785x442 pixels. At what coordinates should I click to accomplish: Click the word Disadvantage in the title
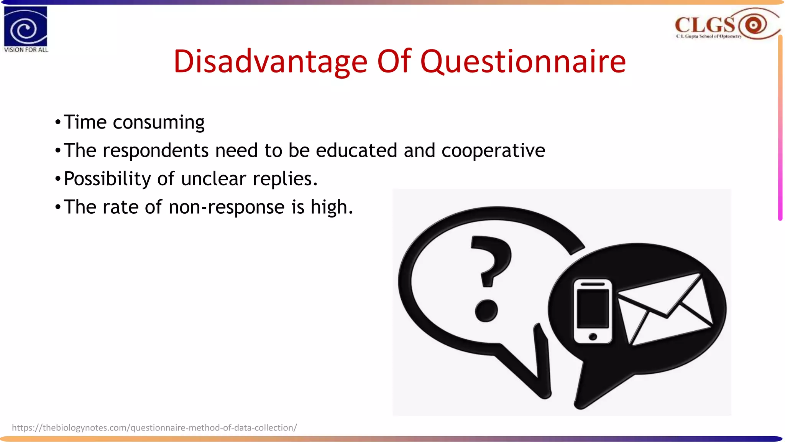[270, 61]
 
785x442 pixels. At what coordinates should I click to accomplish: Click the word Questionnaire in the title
[523, 61]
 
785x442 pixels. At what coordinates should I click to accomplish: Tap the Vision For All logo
[26, 29]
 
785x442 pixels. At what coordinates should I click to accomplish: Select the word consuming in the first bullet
[158, 123]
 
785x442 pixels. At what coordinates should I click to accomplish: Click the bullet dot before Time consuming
[58, 123]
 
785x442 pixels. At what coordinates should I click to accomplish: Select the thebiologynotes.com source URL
[154, 427]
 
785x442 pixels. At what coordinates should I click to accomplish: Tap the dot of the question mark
[486, 310]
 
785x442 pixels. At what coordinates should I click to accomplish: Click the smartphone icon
[593, 311]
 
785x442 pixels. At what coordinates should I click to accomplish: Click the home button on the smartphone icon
[593, 336]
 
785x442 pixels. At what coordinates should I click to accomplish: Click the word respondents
[155, 150]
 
